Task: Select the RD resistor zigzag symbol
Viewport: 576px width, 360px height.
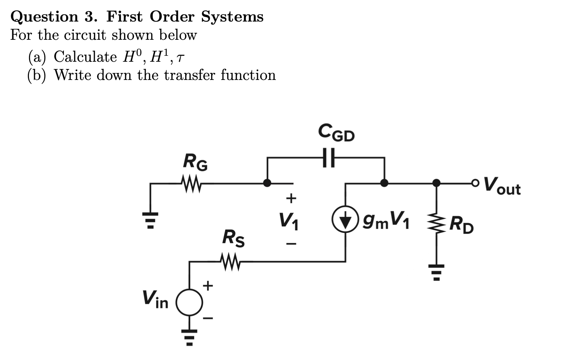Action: tap(437, 224)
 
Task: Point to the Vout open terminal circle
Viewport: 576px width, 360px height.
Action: tap(475, 183)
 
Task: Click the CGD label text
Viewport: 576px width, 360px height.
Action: tap(336, 133)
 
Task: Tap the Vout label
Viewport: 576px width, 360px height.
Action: tap(502, 185)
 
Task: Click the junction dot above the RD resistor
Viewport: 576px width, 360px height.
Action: tap(437, 183)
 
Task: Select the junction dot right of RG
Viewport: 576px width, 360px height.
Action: tap(267, 183)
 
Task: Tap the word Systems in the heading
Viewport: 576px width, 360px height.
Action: tap(232, 17)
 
